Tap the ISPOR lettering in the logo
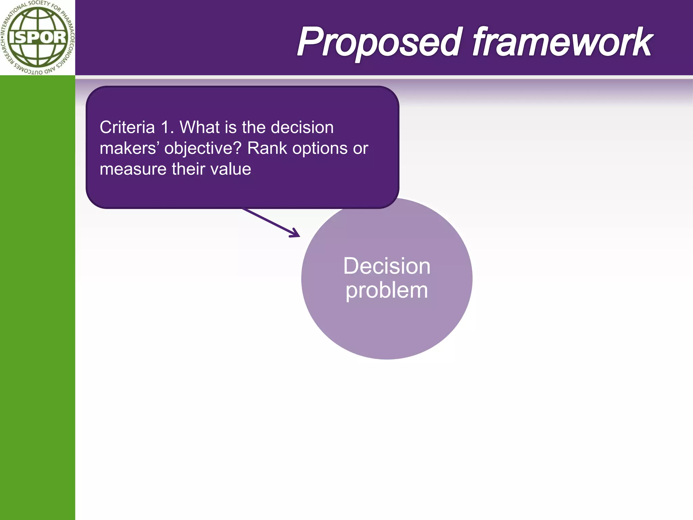pos(38,38)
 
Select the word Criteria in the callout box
pos(127,128)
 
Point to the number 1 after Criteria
pos(165,128)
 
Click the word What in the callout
pos(200,128)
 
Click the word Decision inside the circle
pos(387,266)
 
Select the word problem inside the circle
pos(387,291)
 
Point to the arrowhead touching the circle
pos(295,234)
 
